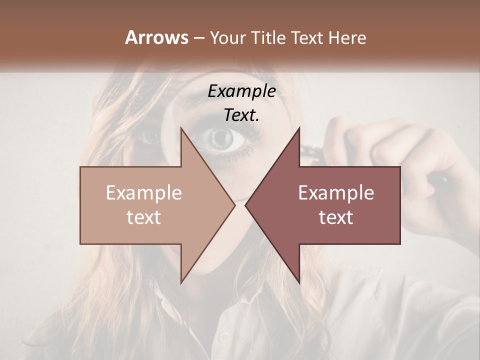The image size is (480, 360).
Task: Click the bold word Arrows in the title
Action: (157, 37)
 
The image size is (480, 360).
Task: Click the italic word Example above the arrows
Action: (241, 91)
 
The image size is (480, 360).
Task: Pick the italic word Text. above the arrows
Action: (241, 115)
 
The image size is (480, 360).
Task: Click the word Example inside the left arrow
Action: (144, 193)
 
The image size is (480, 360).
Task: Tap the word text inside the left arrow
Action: (144, 217)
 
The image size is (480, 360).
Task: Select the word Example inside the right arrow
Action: (336, 193)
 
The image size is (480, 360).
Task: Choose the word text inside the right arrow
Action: (336, 217)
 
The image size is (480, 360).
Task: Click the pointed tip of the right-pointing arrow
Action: (235, 205)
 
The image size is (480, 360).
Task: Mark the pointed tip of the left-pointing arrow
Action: (245, 205)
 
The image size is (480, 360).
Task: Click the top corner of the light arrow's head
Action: (181, 127)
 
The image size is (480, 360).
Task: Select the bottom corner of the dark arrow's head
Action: (299, 283)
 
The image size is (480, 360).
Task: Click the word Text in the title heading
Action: (307, 37)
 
